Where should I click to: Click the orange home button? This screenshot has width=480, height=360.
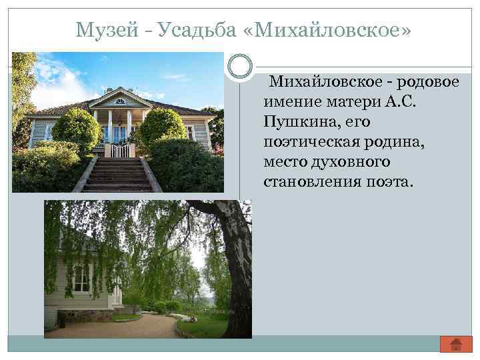456,343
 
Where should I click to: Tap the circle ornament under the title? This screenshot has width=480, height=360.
239,67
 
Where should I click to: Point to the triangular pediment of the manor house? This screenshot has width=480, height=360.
120,101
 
